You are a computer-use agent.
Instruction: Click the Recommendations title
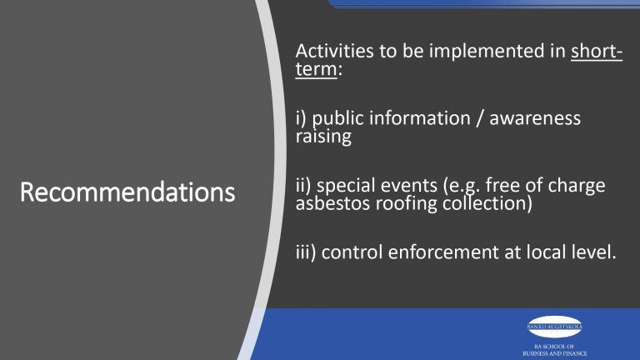127,193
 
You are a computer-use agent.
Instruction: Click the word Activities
331,54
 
